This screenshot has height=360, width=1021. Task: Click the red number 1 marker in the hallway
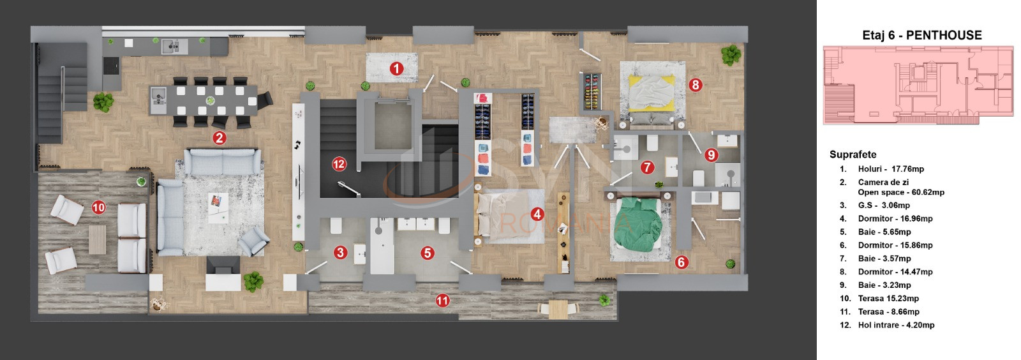pyautogui.click(x=396, y=69)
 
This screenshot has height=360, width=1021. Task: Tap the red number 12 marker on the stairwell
pyautogui.click(x=339, y=164)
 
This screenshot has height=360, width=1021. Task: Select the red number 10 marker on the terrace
pyautogui.click(x=98, y=208)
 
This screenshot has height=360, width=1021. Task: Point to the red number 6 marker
pyautogui.click(x=682, y=262)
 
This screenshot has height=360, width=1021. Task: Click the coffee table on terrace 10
pyautogui.click(x=97, y=240)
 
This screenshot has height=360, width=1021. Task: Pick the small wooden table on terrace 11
pyautogui.click(x=558, y=310)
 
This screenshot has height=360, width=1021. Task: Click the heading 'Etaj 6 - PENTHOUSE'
pyautogui.click(x=921, y=35)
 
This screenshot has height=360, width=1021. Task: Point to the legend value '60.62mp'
pyautogui.click(x=928, y=192)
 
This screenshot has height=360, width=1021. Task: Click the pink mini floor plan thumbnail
pyautogui.click(x=918, y=86)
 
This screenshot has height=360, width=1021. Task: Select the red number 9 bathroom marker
pyautogui.click(x=711, y=155)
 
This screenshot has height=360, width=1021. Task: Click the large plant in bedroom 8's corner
pyautogui.click(x=731, y=55)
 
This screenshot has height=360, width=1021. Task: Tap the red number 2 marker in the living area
pyautogui.click(x=220, y=138)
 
